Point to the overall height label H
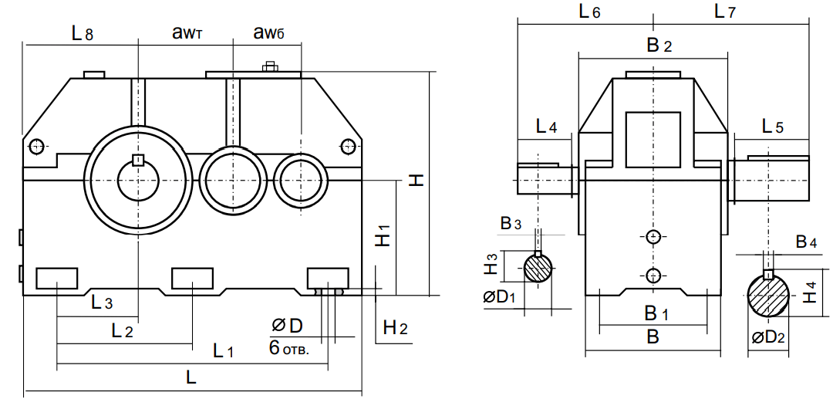[x=416, y=180]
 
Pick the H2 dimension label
[x=395, y=328]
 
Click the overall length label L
[x=191, y=378]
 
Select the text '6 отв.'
[x=289, y=349]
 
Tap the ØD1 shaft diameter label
[x=499, y=297]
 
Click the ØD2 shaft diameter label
[x=768, y=337]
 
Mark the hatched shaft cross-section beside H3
[x=538, y=267]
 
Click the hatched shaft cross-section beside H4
[x=768, y=294]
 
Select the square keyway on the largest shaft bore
[x=138, y=160]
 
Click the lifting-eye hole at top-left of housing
[x=36, y=145]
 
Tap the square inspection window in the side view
[x=653, y=140]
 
